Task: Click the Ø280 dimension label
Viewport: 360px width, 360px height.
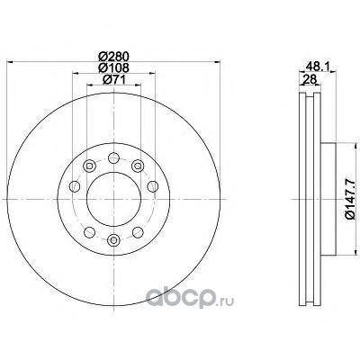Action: pyautogui.click(x=114, y=56)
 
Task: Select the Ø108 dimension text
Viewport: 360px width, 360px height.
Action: pyautogui.click(x=114, y=68)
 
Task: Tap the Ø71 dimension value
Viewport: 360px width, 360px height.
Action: pyautogui.click(x=114, y=80)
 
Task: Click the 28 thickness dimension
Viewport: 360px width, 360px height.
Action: pyautogui.click(x=310, y=79)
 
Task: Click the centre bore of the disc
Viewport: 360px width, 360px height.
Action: pyautogui.click(x=113, y=199)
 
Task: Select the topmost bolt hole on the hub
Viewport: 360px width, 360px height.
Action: pyautogui.click(x=113, y=157)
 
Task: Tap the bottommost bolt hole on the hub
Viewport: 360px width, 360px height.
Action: pyautogui.click(x=113, y=240)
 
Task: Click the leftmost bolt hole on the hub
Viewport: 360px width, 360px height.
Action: pyautogui.click(x=75, y=186)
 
